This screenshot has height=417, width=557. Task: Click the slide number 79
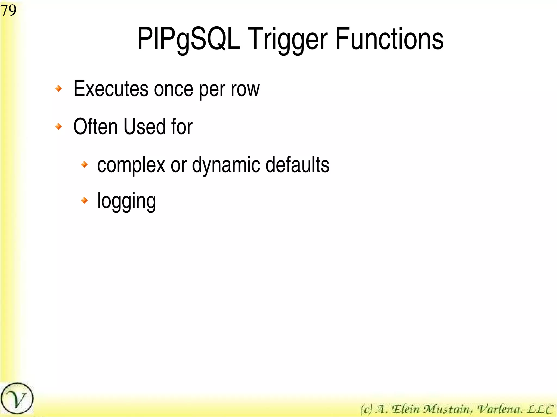[x=8, y=11]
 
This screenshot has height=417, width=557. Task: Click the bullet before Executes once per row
[x=58, y=89]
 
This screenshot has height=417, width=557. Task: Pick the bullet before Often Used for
[x=58, y=126]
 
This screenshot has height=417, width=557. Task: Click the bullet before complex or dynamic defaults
[x=85, y=164]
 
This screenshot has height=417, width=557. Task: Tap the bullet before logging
[x=85, y=200]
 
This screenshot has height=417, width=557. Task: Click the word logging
[x=126, y=201]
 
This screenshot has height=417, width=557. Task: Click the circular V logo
[x=17, y=399]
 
